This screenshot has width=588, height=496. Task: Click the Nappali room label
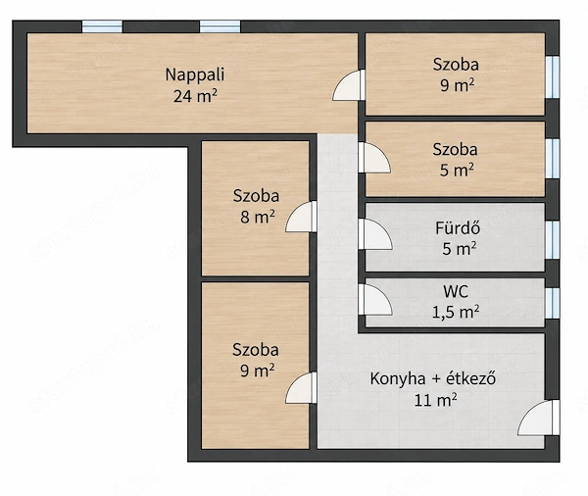pos(195,74)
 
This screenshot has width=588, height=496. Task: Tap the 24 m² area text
pos(195,96)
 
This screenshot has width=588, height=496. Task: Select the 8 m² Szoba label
pos(256,196)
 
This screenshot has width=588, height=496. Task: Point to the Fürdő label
pos(458,227)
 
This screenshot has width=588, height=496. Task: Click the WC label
pos(456,291)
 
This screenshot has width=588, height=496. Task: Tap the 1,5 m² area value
pos(456,312)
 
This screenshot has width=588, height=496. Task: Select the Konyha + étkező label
pos(433,378)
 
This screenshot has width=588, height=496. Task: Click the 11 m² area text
pos(435,400)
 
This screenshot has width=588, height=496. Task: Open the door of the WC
pos(375,299)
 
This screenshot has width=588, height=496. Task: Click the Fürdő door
pos(375,234)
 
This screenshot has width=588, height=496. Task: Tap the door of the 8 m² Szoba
pos(301,217)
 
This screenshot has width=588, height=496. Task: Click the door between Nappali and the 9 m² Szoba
pos(349,85)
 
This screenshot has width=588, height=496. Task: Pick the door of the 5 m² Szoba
pos(374,158)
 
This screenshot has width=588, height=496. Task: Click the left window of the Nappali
pos(102,26)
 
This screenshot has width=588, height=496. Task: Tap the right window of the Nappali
pos(220,26)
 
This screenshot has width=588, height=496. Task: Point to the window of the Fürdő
pos(552,240)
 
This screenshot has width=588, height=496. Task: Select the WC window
pos(552,303)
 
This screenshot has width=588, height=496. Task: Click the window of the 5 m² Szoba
pos(552,159)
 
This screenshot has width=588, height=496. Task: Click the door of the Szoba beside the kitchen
pos(301,388)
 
